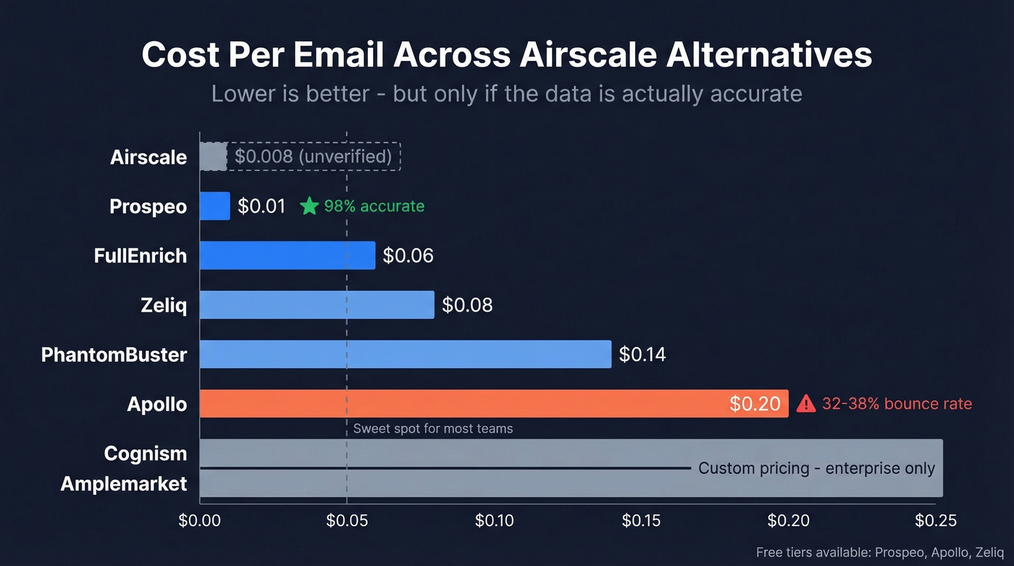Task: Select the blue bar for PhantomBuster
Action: point(405,354)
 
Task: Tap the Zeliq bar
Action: point(317,305)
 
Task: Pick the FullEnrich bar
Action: point(287,256)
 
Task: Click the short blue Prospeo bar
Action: point(214,206)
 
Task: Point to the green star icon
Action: point(309,207)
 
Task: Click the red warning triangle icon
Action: point(805,404)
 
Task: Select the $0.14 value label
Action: point(642,354)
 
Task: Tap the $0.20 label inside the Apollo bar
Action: point(755,404)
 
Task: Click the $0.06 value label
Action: point(408,256)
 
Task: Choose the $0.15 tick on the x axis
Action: point(642,520)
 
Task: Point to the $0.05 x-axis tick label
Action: point(347,520)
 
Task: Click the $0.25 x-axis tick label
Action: point(935,520)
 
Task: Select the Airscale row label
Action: point(148,157)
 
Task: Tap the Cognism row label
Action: point(146,454)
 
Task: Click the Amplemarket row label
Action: point(124,483)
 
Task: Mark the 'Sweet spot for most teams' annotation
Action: point(432,429)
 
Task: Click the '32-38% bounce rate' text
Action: point(897,404)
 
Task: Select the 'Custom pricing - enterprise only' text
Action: point(816,468)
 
